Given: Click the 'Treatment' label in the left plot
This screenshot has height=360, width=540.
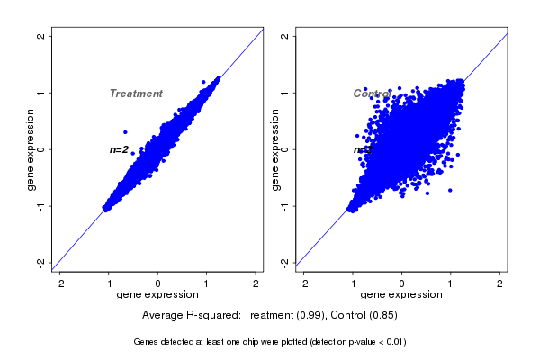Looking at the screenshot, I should pyautogui.click(x=136, y=94).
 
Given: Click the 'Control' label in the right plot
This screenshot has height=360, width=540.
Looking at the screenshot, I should pyautogui.click(x=372, y=94).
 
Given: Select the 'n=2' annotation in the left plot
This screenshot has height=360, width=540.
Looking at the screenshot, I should pyautogui.click(x=119, y=149).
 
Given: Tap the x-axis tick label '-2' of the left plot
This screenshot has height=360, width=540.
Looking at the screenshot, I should pyautogui.click(x=59, y=283).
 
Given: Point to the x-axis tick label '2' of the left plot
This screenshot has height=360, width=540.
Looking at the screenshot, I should pyautogui.click(x=256, y=283).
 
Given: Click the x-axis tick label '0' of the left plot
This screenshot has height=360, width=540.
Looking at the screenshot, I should pyautogui.click(x=158, y=283).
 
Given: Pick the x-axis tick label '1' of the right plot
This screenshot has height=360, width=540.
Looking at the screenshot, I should pyautogui.click(x=452, y=283).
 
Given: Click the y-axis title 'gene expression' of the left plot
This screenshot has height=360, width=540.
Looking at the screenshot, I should pyautogui.click(x=31, y=149).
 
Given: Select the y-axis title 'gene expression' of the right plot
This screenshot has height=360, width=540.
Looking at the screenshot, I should pyautogui.click(x=276, y=149).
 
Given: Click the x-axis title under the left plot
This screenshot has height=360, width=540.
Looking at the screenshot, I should pyautogui.click(x=158, y=295).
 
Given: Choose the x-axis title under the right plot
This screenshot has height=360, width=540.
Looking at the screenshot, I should pyautogui.click(x=402, y=295).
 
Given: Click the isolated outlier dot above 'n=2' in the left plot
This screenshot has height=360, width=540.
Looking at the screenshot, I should pyautogui.click(x=125, y=132).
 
